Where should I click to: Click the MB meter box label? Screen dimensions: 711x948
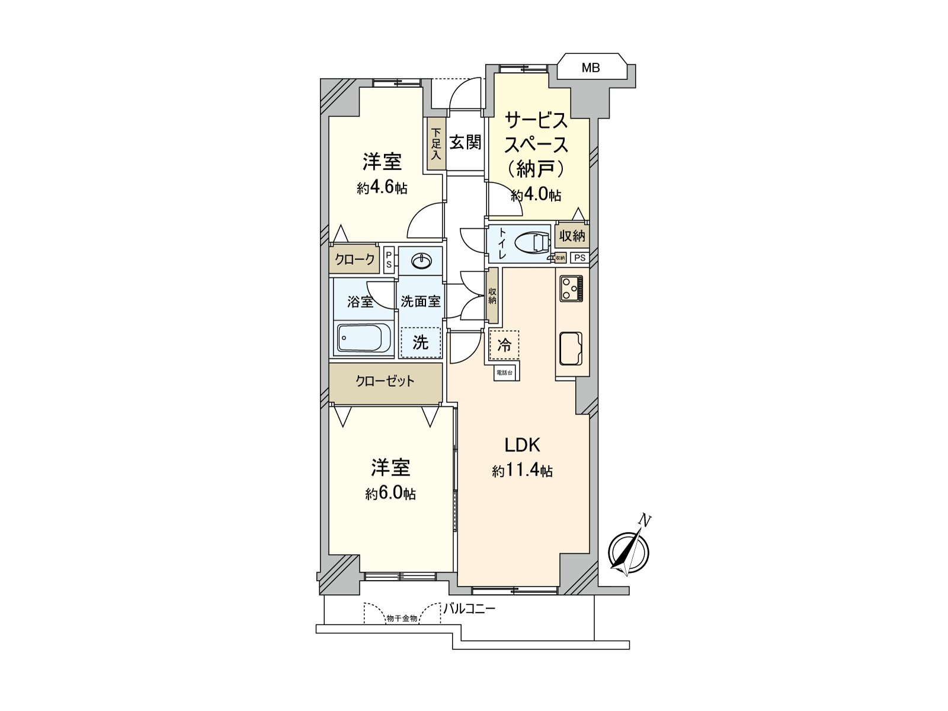590,68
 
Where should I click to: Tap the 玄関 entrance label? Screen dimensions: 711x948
465,142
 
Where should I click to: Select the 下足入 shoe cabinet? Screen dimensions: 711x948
436,145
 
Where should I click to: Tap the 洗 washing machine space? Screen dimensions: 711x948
421,342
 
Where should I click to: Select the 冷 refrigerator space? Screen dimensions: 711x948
504,345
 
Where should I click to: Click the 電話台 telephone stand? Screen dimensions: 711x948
505,373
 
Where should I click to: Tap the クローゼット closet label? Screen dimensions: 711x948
385,381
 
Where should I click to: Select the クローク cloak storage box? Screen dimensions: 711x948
354,259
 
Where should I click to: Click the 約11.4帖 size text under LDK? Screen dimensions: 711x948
522,471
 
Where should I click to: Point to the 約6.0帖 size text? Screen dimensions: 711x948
390,494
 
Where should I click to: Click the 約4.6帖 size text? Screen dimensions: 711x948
382,188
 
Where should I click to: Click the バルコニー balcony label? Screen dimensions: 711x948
469,608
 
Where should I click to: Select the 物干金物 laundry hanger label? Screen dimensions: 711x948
402,618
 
